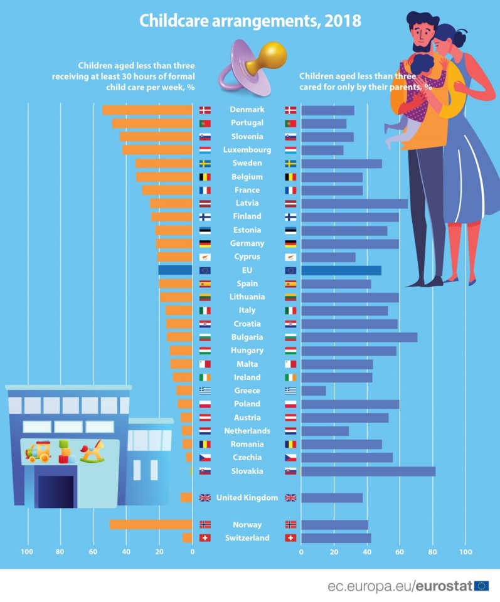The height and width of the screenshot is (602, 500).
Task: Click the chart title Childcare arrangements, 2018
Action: [x=250, y=21]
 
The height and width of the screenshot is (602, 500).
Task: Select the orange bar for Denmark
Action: [x=147, y=110]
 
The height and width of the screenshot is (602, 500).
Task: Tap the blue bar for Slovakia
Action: [x=368, y=471]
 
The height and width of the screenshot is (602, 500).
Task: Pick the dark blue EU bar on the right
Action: [x=341, y=270]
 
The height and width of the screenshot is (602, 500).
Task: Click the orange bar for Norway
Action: [x=151, y=524]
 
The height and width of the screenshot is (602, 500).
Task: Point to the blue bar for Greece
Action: [x=314, y=391]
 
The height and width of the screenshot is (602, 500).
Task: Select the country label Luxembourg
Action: [x=247, y=150]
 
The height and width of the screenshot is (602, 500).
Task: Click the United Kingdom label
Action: [x=247, y=498]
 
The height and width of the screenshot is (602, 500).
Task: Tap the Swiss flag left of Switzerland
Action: [x=205, y=538]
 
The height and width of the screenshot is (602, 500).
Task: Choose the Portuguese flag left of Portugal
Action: [x=205, y=124]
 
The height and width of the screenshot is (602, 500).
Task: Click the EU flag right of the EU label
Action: [x=290, y=270]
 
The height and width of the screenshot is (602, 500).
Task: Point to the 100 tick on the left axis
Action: [x=27, y=552]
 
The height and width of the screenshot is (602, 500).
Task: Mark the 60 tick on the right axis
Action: [x=399, y=552]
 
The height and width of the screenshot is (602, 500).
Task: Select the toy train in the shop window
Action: [x=38, y=451]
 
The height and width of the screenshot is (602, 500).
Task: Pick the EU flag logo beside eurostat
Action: [x=482, y=586]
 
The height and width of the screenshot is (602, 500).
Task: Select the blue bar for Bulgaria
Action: [x=359, y=337]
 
